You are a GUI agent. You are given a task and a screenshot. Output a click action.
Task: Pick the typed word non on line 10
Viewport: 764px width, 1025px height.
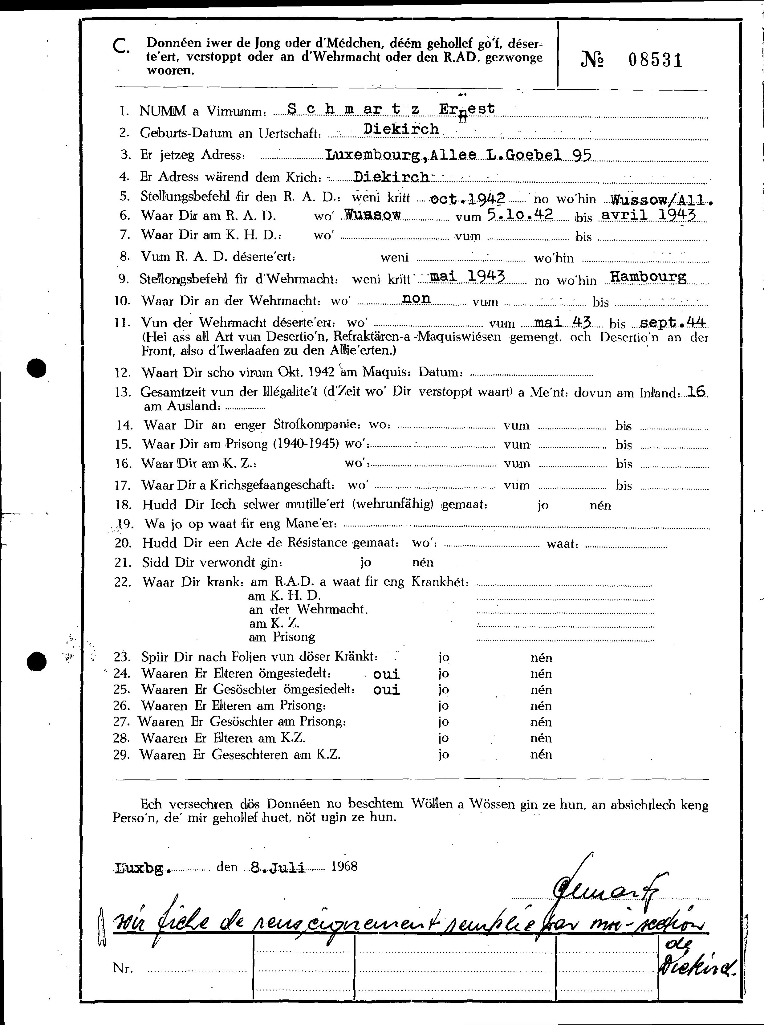point(416,298)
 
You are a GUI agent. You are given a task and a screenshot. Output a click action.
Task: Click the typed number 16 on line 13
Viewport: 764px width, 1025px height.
point(696,392)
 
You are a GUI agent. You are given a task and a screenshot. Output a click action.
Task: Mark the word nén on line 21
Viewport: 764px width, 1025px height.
point(423,563)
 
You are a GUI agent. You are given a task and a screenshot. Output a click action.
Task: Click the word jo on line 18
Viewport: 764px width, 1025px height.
point(543,505)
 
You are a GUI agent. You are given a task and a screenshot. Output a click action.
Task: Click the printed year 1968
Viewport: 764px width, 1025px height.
point(344,866)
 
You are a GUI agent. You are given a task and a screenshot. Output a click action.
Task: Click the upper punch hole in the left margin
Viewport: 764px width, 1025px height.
point(37,369)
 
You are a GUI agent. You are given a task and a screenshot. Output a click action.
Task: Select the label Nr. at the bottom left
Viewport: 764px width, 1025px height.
point(123,968)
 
